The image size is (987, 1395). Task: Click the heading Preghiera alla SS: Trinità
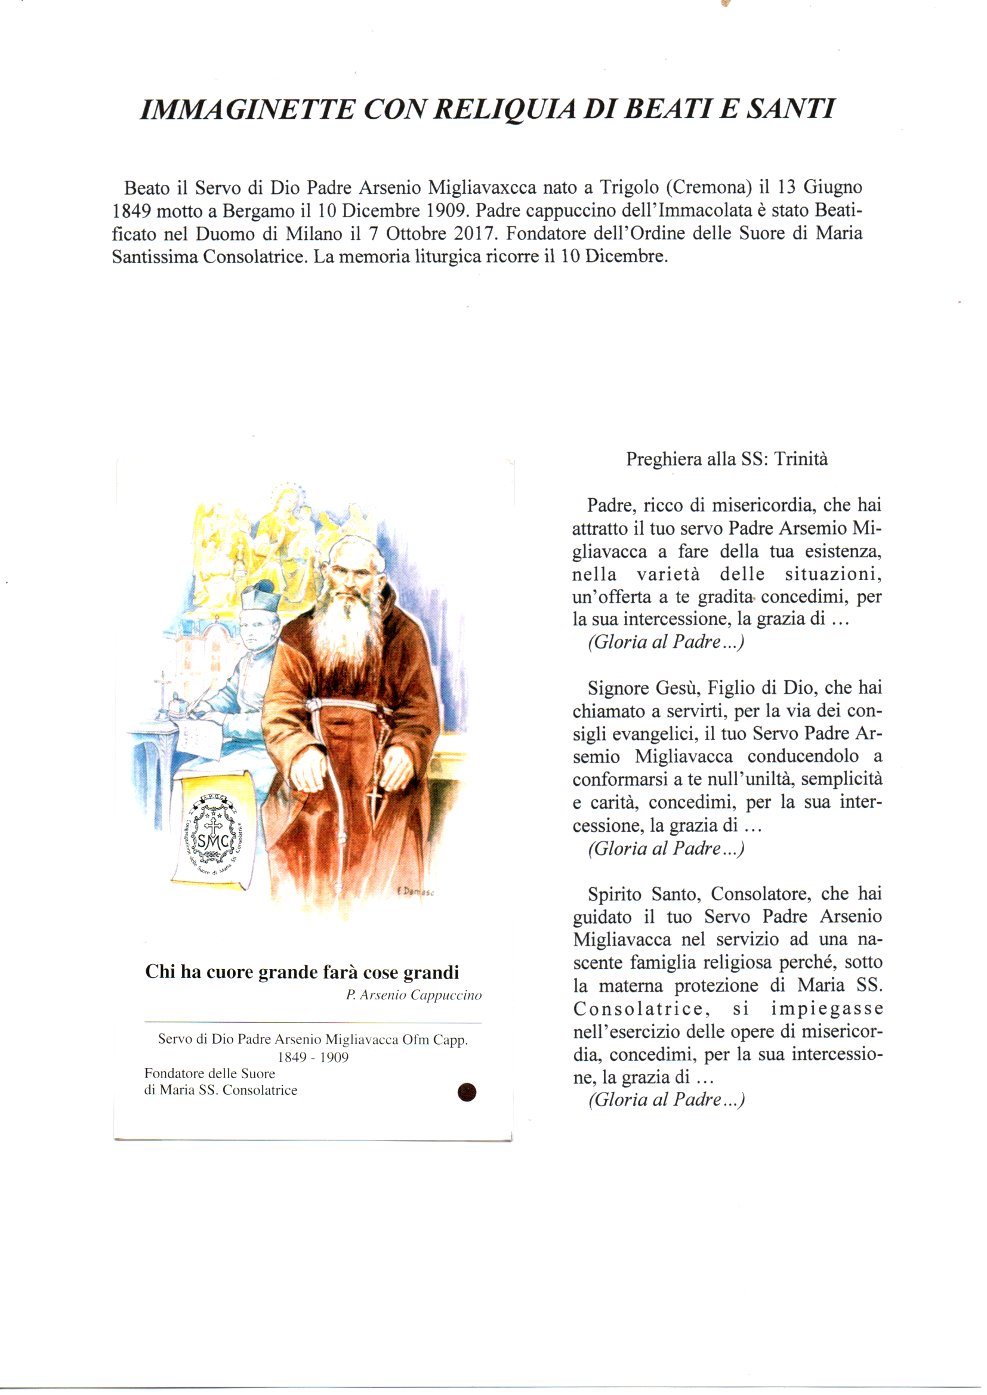coord(727,459)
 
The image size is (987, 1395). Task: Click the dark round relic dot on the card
coord(466,1092)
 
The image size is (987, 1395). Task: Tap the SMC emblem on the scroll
coord(213,840)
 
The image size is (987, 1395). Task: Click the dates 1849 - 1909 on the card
coord(313,1057)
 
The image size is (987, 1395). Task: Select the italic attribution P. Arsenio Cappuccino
coord(414,996)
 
